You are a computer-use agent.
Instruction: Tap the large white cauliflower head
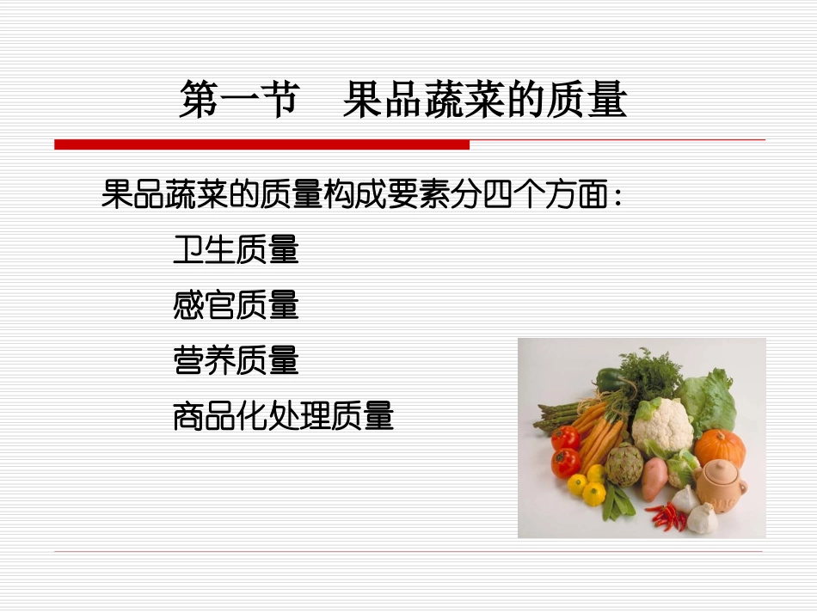(662, 423)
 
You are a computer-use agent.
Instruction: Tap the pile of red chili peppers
(667, 517)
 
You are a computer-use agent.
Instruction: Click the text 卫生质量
(236, 250)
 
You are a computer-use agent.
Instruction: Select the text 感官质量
(236, 305)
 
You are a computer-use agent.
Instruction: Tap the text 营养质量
(236, 360)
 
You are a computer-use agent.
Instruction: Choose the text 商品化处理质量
(283, 416)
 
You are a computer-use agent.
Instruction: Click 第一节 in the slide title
(238, 100)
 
